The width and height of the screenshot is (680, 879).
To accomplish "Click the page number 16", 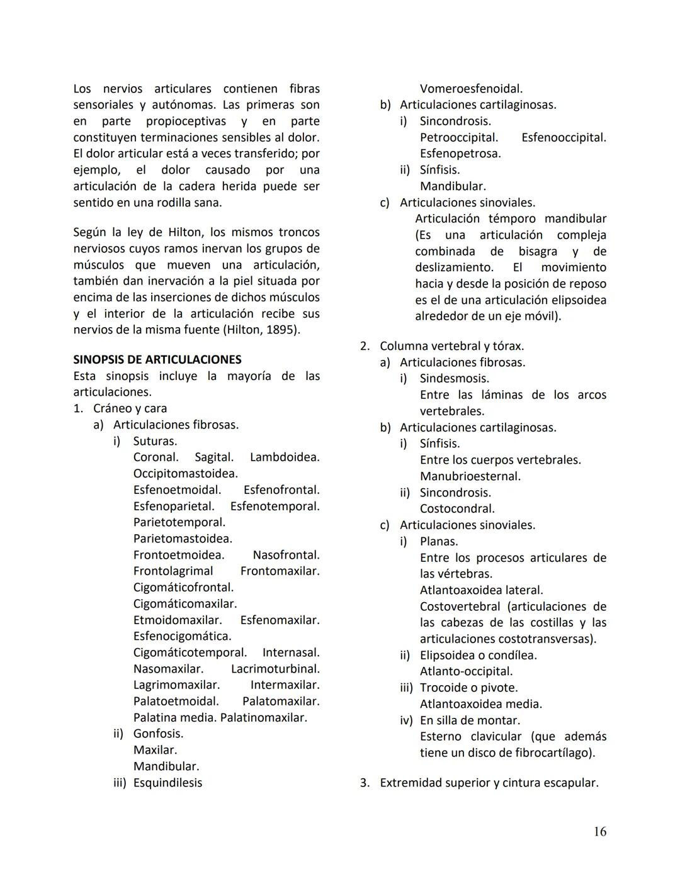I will (599, 832).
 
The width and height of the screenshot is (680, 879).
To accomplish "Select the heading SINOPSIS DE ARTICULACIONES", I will (157, 360).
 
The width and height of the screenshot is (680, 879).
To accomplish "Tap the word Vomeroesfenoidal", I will (471, 89).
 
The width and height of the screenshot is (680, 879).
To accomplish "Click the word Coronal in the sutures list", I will (156, 457).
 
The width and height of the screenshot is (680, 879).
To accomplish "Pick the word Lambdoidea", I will (285, 457).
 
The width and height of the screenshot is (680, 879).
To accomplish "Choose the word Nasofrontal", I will (286, 555).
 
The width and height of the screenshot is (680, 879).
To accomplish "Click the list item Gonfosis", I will (158, 734).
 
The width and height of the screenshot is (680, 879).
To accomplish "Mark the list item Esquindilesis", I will (167, 783).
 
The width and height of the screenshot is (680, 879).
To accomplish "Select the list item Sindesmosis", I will (454, 379).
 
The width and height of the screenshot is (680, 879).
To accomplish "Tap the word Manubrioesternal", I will (470, 476).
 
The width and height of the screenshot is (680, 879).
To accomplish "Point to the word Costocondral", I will (457, 508).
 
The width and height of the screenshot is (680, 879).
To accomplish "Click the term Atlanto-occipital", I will (466, 671).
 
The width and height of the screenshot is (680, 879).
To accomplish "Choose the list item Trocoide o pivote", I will (468, 688).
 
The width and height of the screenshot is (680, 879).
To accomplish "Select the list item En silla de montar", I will (470, 720).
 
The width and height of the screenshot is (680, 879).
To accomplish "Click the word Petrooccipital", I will (459, 137).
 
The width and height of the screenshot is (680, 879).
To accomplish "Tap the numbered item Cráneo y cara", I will (130, 408).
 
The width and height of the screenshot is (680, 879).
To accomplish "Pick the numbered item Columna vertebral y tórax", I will (451, 346).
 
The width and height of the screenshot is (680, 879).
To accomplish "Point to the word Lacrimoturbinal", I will (275, 669).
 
